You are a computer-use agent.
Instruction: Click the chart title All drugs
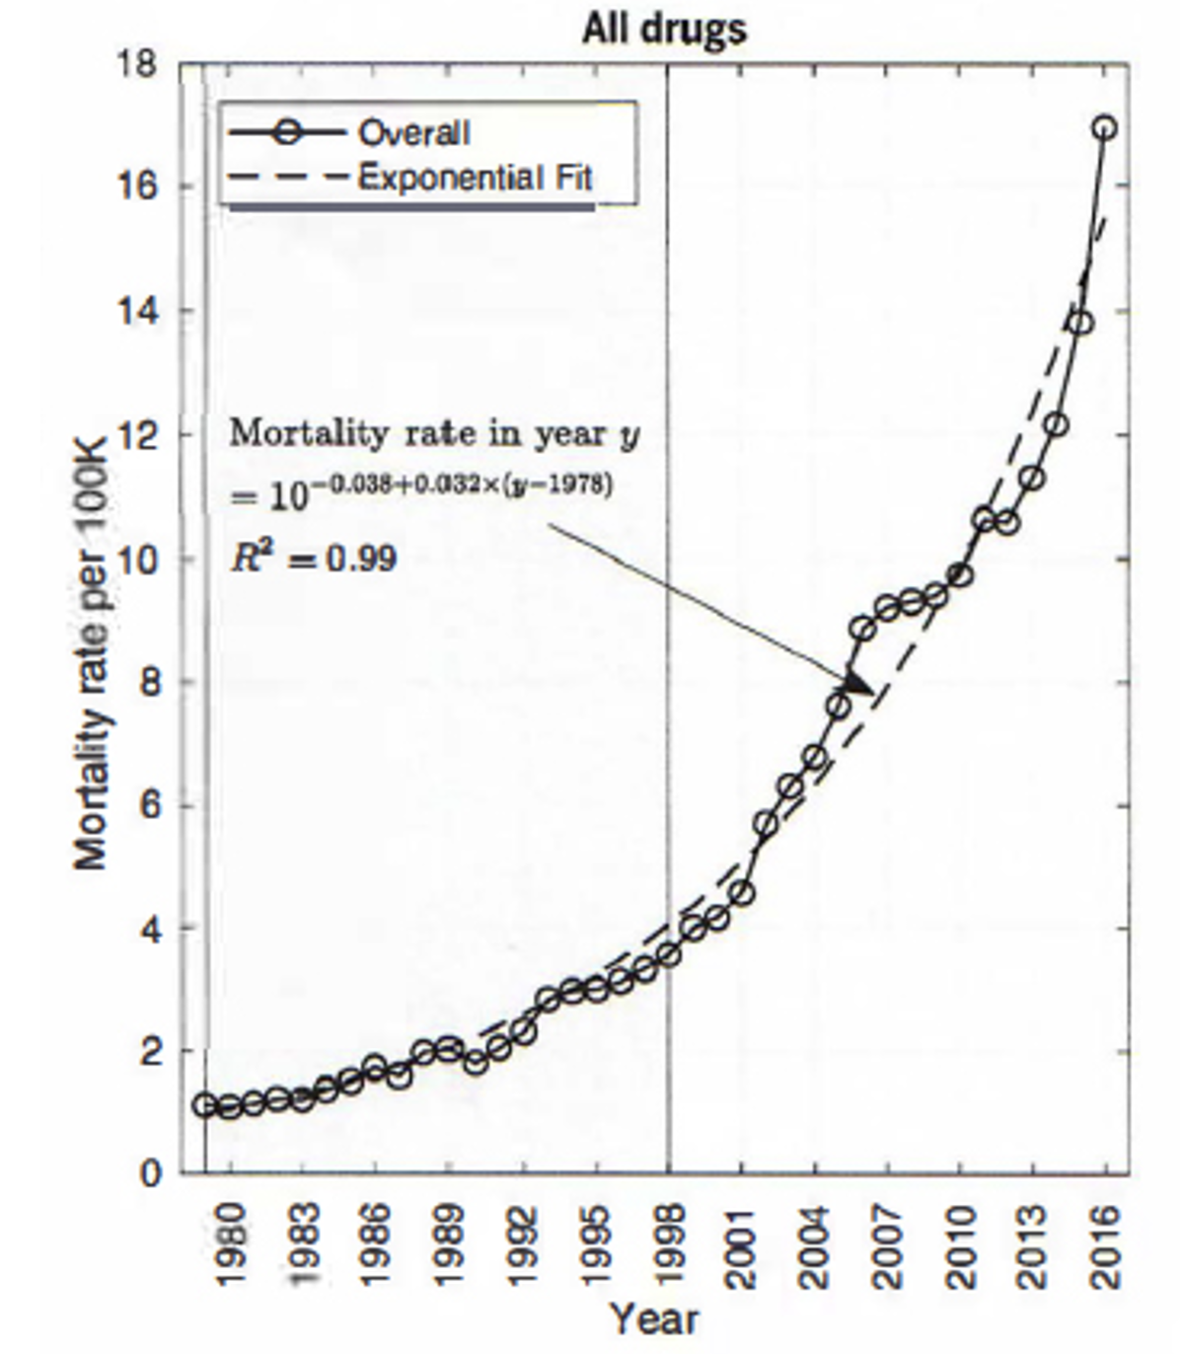[663, 29]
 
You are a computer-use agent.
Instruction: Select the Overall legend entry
[413, 133]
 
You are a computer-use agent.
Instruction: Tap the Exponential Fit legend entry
[475, 179]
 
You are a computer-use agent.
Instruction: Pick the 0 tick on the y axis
[149, 1173]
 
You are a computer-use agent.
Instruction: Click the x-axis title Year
[653, 1318]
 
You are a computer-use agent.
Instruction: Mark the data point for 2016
[1105, 128]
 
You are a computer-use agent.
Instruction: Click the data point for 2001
[743, 893]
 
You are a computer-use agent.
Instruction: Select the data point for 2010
[960, 574]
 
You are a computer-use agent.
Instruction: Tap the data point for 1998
[669, 954]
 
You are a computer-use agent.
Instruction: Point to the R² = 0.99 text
[314, 558]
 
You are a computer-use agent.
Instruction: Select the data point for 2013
[1033, 479]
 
